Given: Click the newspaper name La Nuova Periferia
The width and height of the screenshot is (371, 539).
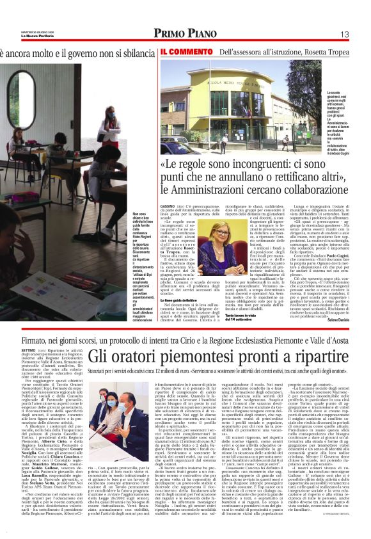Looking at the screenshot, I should (x=22, y=36).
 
